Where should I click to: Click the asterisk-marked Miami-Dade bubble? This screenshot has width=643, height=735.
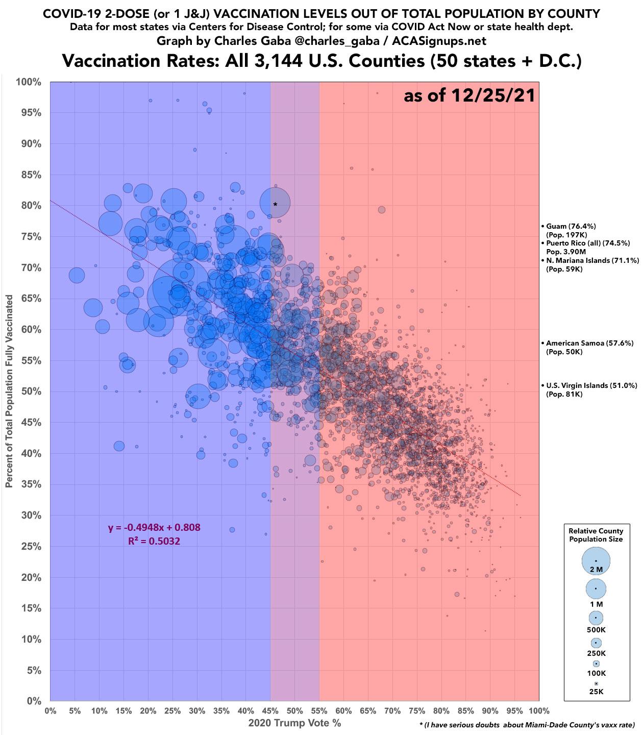[x=275, y=204]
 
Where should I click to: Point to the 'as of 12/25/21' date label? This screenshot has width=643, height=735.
[x=469, y=95]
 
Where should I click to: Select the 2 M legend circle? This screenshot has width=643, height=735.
[x=596, y=560]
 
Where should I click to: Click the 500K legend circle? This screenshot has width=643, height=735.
[x=596, y=617]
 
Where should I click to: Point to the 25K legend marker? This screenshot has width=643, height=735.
[x=596, y=683]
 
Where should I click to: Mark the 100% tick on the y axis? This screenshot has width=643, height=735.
[x=30, y=82]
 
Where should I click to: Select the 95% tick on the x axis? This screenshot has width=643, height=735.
[x=514, y=711]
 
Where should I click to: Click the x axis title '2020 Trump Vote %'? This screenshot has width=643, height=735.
[x=294, y=723]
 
